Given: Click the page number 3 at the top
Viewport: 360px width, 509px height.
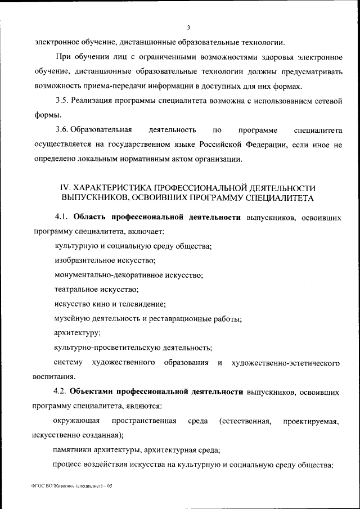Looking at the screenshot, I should coord(190,27).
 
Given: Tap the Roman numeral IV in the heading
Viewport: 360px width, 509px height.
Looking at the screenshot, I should coord(65,188).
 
